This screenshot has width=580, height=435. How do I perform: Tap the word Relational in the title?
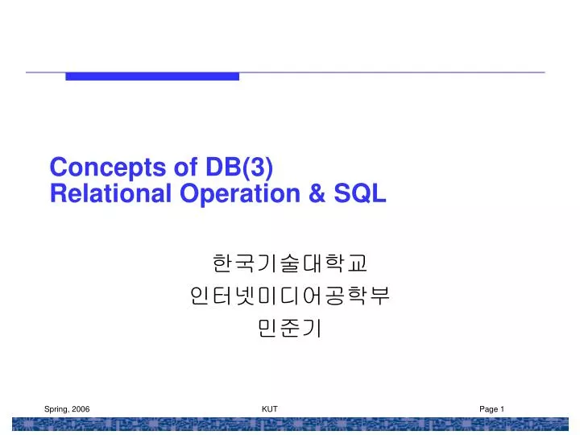100,193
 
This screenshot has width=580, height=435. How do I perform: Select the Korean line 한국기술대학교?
290,263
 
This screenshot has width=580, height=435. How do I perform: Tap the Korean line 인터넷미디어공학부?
290,296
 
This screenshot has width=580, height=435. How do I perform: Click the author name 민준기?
290,329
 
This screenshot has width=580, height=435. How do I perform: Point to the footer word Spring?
56,410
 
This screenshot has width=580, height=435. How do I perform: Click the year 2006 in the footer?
81,410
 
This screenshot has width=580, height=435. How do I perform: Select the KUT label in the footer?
270,410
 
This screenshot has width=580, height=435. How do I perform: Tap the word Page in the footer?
488,410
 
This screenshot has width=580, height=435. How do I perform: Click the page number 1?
503,410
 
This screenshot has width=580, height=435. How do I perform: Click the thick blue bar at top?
152,77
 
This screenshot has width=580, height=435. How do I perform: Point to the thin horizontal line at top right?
403,72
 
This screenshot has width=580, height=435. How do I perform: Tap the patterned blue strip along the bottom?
290,425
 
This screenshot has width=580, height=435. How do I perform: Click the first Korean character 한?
222,263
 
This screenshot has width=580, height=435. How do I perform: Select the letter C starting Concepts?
57,168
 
